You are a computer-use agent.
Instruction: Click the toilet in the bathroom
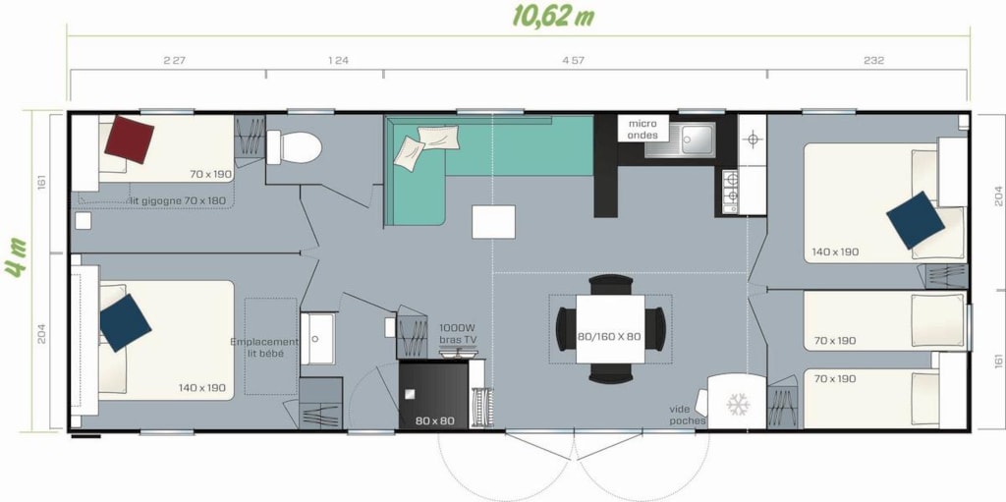(294, 147)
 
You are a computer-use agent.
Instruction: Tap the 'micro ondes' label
(643, 129)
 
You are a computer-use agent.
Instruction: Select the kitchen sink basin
(697, 138)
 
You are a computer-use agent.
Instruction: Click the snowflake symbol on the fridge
(737, 404)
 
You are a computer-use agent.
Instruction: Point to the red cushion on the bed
(129, 139)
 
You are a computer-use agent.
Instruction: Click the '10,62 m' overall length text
(553, 17)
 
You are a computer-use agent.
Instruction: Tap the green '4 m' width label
(16, 258)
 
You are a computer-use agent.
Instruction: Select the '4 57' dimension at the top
(573, 61)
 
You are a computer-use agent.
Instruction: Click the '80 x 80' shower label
(434, 421)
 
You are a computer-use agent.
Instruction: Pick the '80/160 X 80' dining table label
(609, 337)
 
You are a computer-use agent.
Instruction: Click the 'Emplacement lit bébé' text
(264, 348)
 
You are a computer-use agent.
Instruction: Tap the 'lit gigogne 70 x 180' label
(178, 200)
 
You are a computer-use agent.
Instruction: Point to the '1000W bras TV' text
(458, 333)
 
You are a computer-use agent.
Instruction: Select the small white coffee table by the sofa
(493, 222)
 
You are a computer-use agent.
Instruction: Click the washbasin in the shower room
(317, 338)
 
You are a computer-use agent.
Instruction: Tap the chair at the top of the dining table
(611, 284)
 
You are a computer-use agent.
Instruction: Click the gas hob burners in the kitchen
(730, 192)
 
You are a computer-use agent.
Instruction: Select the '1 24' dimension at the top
(338, 61)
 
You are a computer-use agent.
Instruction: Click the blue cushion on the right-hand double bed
(916, 220)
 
